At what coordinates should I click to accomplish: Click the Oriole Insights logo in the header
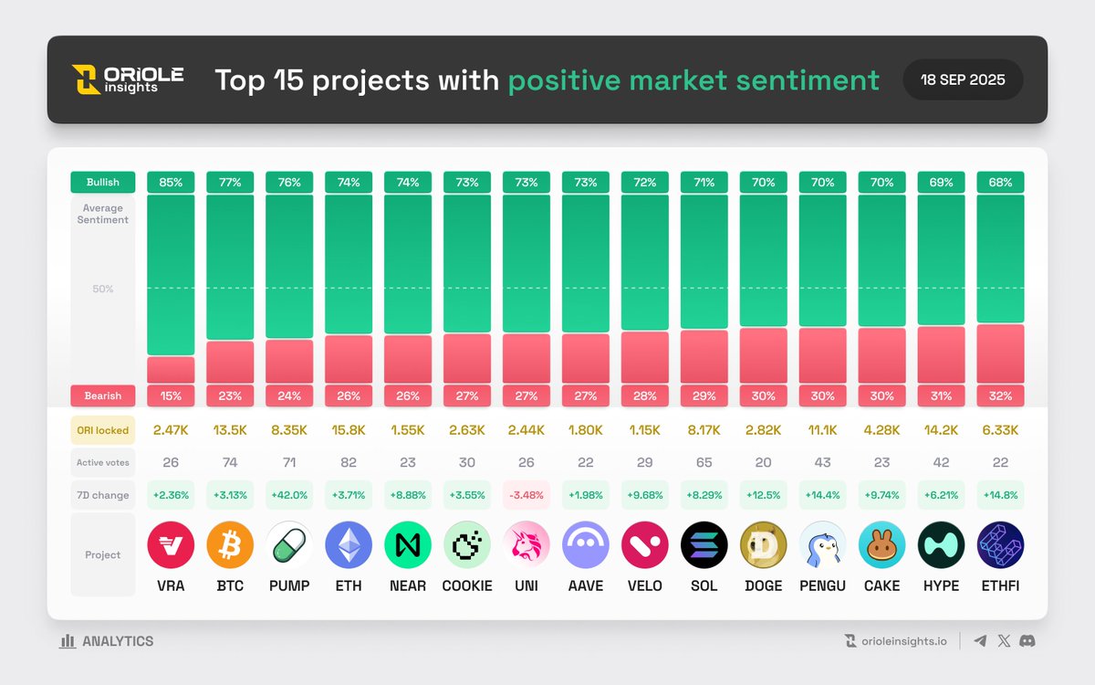(128, 79)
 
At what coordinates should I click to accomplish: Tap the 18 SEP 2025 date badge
(963, 79)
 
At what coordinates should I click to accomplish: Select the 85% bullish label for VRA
(171, 182)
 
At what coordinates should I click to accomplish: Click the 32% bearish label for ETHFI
(1000, 395)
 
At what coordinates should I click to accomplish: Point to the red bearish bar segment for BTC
(230, 362)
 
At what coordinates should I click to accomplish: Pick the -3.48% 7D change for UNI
(527, 495)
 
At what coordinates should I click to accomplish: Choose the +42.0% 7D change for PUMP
(289, 495)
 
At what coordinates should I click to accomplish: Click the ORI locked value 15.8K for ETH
(349, 430)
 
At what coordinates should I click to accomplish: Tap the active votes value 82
(349, 462)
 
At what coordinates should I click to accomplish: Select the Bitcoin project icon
(230, 545)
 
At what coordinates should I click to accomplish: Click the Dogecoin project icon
(764, 545)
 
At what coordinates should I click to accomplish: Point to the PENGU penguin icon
(823, 545)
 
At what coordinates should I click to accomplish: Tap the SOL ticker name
(704, 585)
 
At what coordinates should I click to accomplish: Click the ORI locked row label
(102, 430)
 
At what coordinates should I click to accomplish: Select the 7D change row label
(102, 495)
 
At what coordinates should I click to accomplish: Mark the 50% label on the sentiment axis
(102, 289)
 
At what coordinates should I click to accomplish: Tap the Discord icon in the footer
(1027, 641)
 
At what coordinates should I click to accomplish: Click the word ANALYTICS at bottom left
(118, 641)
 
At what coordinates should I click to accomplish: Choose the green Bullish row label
(102, 182)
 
